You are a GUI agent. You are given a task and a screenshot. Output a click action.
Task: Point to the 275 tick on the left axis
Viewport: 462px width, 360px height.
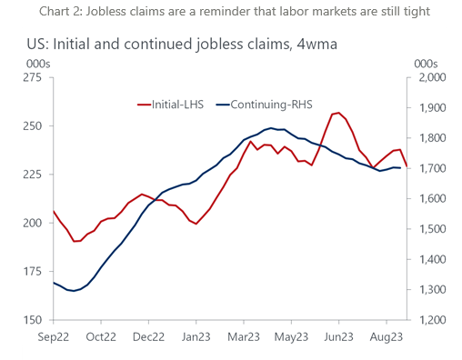(x=32, y=78)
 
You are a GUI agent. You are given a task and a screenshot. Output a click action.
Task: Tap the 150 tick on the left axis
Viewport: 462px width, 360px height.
(x=32, y=320)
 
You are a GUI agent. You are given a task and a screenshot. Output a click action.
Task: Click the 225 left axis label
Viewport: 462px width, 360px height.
(x=32, y=175)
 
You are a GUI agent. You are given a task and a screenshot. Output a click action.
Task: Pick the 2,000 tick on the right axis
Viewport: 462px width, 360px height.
(x=430, y=78)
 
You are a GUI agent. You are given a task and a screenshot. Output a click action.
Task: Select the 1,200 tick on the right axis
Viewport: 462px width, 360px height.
(x=430, y=320)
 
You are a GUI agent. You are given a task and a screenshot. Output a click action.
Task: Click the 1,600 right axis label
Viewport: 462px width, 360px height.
(x=430, y=199)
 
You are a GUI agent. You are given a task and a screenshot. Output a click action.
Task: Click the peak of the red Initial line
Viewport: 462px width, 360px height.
(x=338, y=113)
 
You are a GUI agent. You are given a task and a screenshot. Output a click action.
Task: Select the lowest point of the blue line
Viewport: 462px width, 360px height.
(x=72, y=291)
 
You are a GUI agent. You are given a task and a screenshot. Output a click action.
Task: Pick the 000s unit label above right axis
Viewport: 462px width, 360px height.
(x=427, y=63)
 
